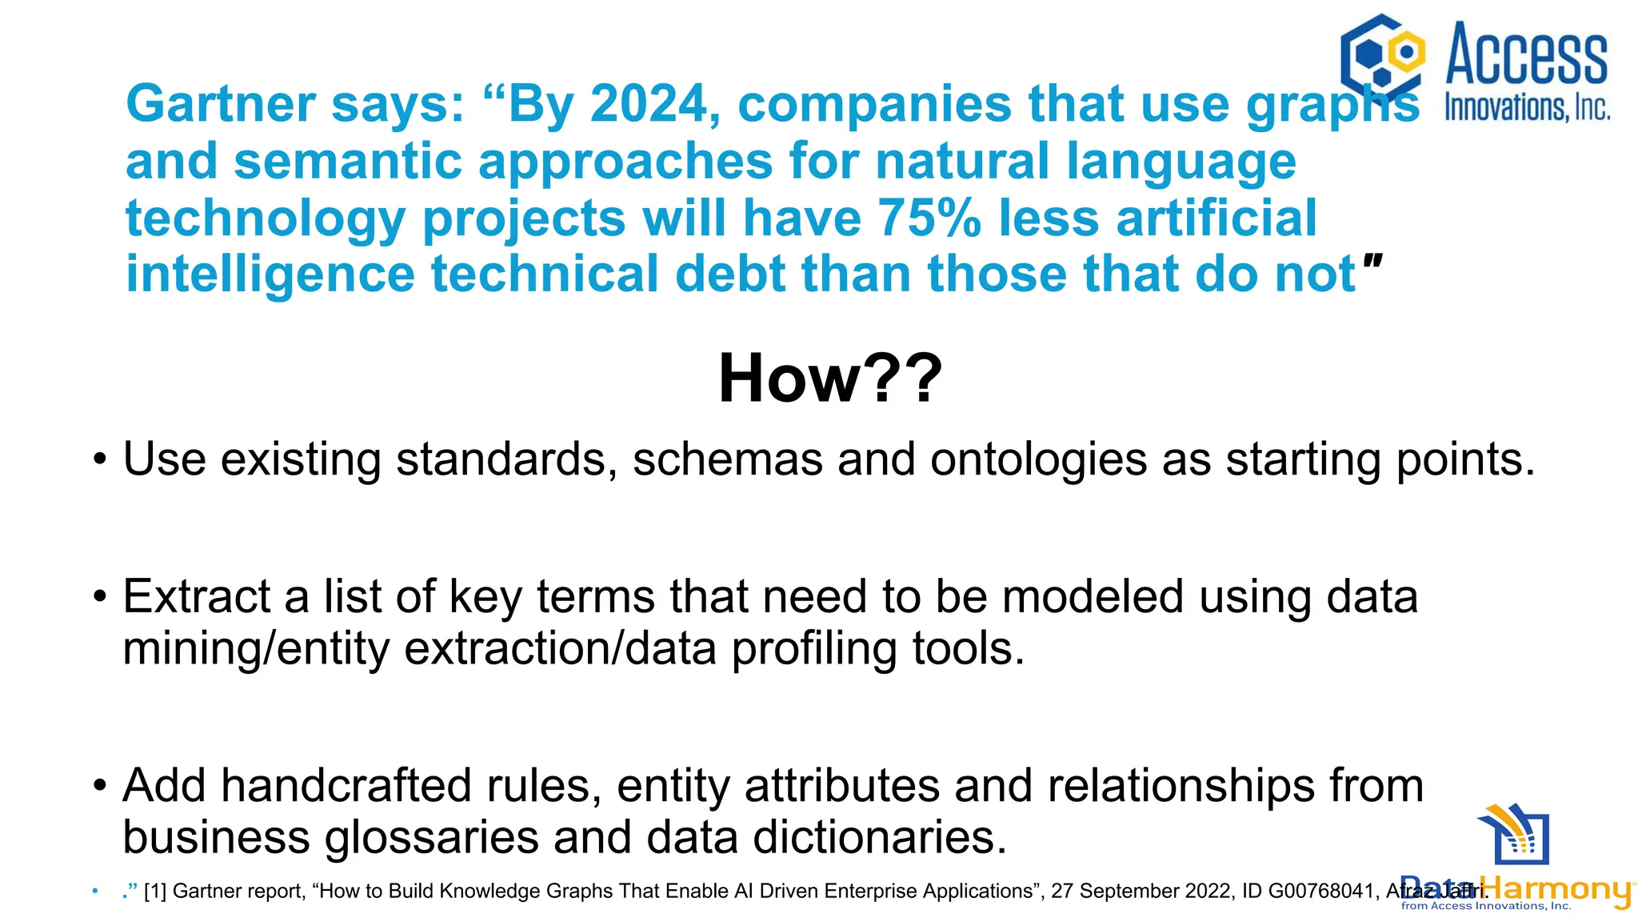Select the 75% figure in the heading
pos(929,218)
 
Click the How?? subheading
pos(830,379)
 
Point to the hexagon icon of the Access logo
pos(1382,54)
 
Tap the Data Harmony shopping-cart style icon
pos(1514,835)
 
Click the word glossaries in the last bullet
pos(430,838)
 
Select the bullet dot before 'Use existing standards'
pos(99,461)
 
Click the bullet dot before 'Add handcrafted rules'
pos(99,787)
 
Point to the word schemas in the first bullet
pos(727,460)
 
